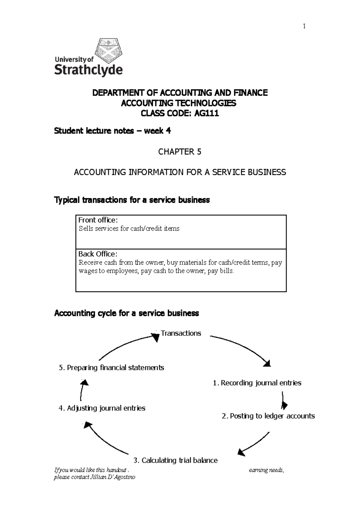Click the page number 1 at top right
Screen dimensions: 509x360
click(x=304, y=26)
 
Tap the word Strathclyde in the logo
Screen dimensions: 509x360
click(x=88, y=70)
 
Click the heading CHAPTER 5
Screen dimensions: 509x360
click(x=180, y=152)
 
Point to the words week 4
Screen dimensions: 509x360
click(x=157, y=131)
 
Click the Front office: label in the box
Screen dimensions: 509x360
click(x=98, y=220)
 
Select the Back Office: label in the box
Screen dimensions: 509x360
click(x=98, y=254)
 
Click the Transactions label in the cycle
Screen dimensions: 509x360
click(x=181, y=333)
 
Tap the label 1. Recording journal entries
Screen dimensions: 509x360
click(x=257, y=383)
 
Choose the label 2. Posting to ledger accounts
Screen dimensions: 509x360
click(x=268, y=416)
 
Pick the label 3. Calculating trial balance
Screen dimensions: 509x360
click(x=175, y=460)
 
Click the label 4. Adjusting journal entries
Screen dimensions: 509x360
click(x=102, y=408)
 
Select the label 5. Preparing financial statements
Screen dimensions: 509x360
click(x=112, y=368)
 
